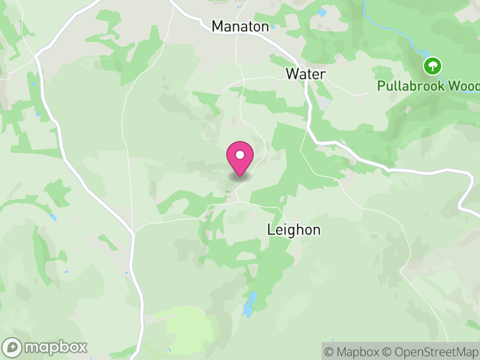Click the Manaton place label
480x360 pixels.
(x=240, y=26)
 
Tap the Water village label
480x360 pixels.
(x=305, y=74)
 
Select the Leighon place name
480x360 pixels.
(x=293, y=230)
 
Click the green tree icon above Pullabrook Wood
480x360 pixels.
(x=432, y=65)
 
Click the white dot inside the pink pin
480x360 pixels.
(x=240, y=155)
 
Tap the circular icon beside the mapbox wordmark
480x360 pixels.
(x=13, y=347)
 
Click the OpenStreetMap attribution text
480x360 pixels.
(x=433, y=352)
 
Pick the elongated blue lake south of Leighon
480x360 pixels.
(x=248, y=305)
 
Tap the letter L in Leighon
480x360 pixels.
(x=271, y=230)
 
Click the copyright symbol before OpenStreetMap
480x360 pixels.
(x=388, y=352)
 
